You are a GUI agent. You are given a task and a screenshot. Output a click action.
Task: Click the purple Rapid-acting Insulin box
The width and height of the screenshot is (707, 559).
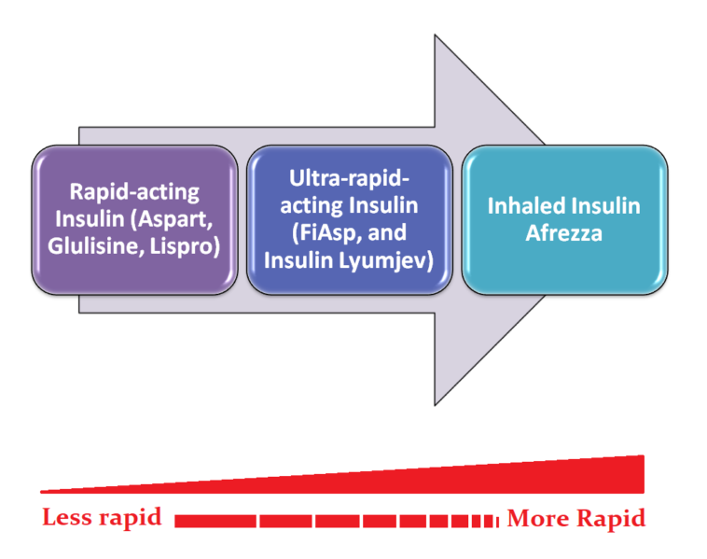click(x=135, y=220)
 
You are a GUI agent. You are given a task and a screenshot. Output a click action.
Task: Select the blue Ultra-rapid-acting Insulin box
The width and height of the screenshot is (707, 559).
click(x=349, y=220)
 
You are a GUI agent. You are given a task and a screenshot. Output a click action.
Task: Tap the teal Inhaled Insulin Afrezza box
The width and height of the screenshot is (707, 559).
click(x=564, y=220)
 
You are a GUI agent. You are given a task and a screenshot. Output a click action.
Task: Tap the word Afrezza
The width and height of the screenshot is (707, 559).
click(x=564, y=233)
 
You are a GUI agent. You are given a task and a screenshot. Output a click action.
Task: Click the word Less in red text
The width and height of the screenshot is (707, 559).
click(x=69, y=518)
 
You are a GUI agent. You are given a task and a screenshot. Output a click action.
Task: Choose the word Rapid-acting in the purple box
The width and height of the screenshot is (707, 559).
click(x=135, y=193)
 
